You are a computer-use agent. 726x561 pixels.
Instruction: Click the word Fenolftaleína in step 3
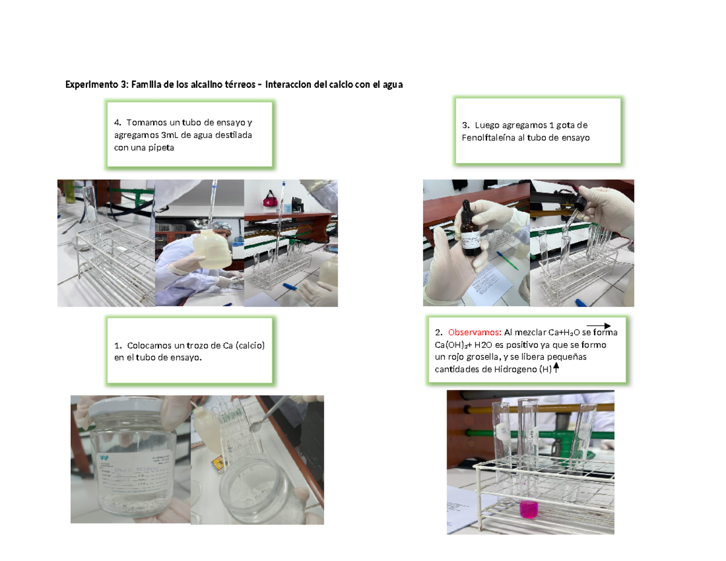[x=488, y=138]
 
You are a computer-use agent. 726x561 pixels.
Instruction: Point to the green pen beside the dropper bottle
[x=507, y=261]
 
